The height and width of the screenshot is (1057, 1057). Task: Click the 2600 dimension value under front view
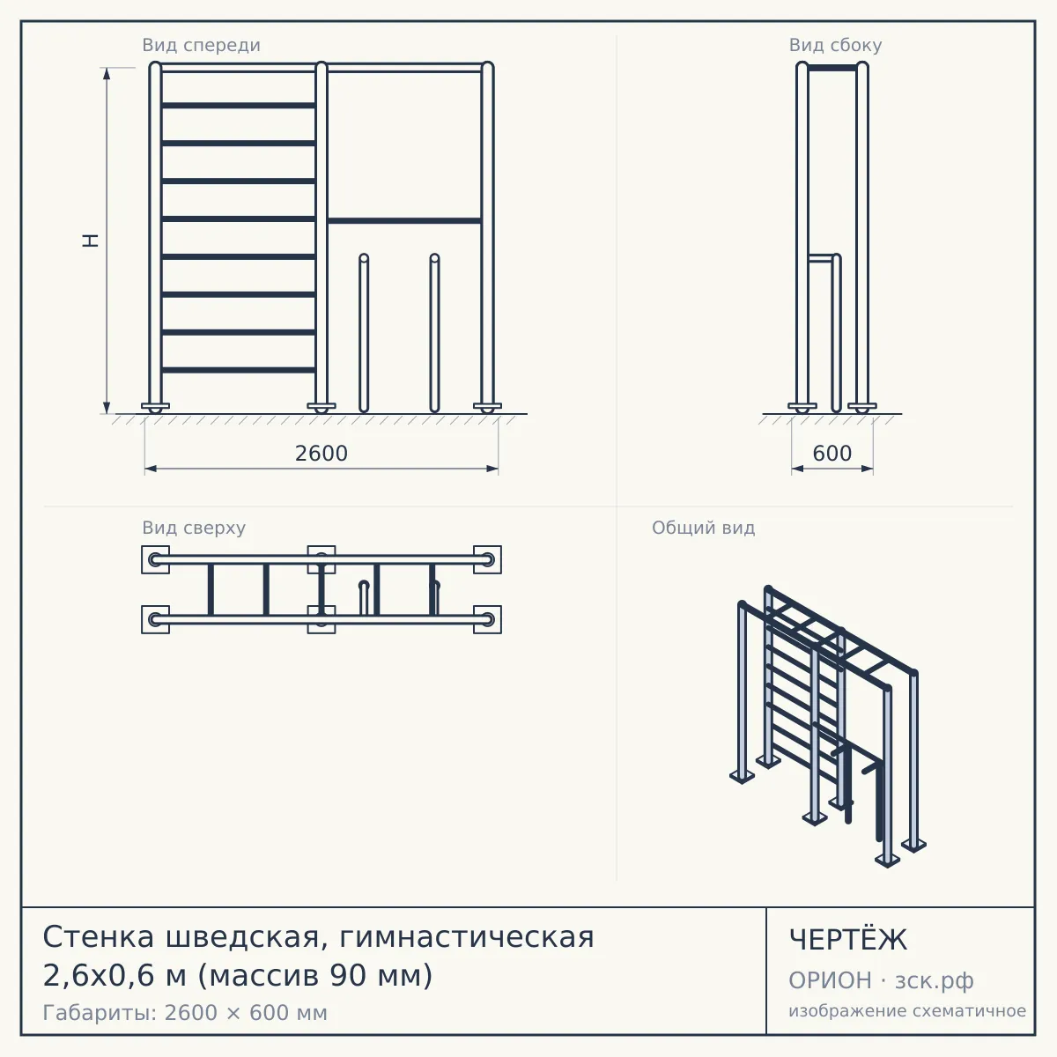point(322,454)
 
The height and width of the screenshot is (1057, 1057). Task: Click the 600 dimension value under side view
point(832,454)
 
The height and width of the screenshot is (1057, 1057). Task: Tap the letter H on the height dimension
point(91,240)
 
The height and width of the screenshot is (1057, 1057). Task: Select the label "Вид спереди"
point(202,45)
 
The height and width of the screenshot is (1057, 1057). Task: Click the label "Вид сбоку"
point(835,45)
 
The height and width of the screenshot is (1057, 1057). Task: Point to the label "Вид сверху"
point(194,528)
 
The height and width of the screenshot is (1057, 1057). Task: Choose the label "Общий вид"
point(703,528)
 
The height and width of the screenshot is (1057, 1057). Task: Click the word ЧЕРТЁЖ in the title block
point(848,940)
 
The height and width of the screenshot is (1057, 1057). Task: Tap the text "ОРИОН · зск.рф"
point(881,980)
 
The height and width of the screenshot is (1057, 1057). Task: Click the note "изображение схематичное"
point(907,1010)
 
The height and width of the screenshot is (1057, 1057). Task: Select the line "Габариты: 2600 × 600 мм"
point(185,1013)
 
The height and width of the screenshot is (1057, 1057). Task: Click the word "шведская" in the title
point(242,937)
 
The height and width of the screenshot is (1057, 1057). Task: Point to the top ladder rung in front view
point(239,106)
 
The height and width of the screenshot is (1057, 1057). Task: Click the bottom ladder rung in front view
point(239,370)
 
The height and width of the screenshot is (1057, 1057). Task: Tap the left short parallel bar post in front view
point(364,333)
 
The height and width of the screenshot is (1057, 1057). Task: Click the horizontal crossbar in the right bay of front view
point(405,221)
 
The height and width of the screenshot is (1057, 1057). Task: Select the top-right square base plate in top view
point(488,559)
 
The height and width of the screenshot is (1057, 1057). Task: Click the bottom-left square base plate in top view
point(155,620)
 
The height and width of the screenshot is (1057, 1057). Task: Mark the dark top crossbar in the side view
point(832,68)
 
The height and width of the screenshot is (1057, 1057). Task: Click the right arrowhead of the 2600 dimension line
point(492,469)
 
